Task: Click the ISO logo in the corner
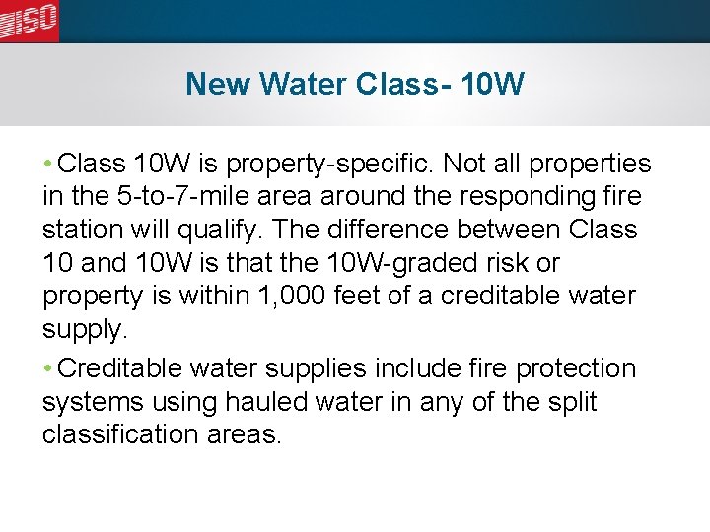tap(30, 20)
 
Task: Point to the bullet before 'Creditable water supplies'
tap(48, 368)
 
